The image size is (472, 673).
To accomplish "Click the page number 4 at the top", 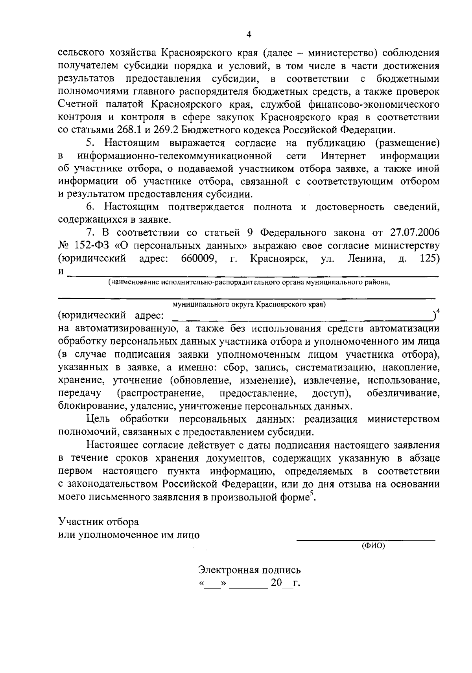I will coord(248,35).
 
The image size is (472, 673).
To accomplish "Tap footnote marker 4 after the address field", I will coord(438,311).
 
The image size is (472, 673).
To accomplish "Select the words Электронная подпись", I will coord(249,570).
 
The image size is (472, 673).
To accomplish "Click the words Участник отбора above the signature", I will coord(98,522).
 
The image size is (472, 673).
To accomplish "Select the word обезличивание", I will coord(403,393).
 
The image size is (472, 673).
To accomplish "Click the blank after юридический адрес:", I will coord(301,317).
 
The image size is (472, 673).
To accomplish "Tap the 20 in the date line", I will coord(276,583).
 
